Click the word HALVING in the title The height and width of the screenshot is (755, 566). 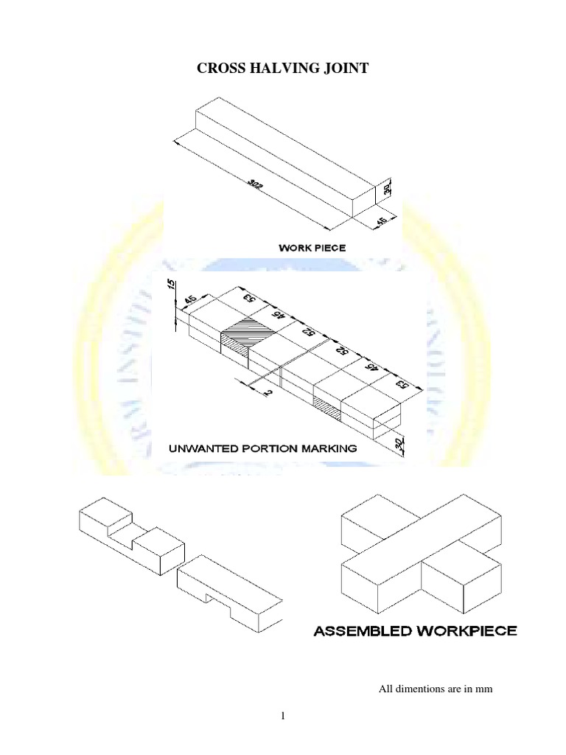coord(282,69)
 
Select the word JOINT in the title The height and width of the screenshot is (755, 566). coord(344,69)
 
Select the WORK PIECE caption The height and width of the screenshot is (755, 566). coord(312,248)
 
